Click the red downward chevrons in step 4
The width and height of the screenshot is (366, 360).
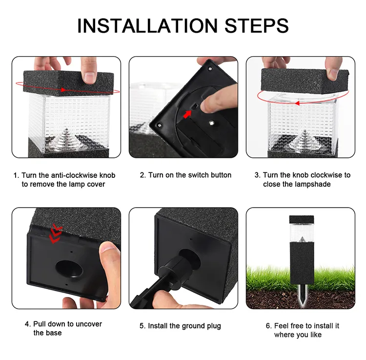57,233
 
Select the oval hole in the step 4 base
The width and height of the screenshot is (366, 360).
69,268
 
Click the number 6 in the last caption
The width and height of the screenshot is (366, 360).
268,326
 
